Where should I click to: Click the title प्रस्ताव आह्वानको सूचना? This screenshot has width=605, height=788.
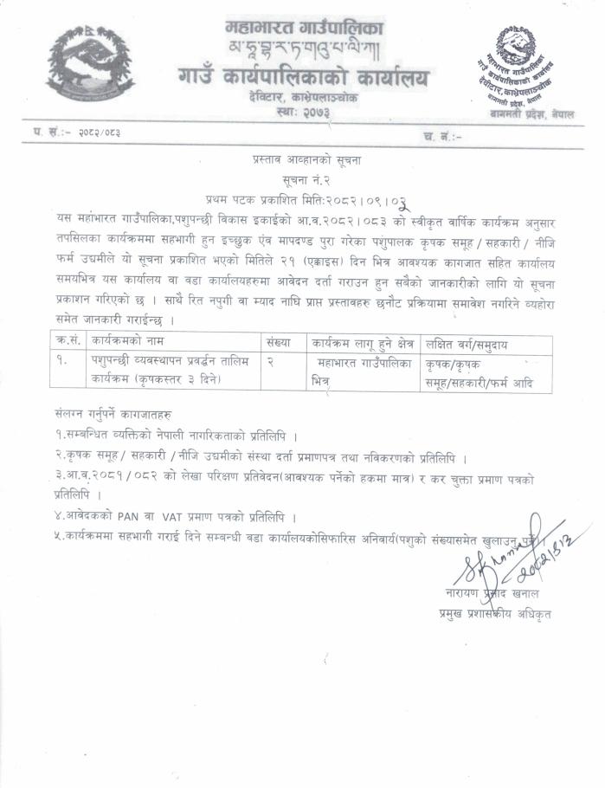click(x=303, y=162)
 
